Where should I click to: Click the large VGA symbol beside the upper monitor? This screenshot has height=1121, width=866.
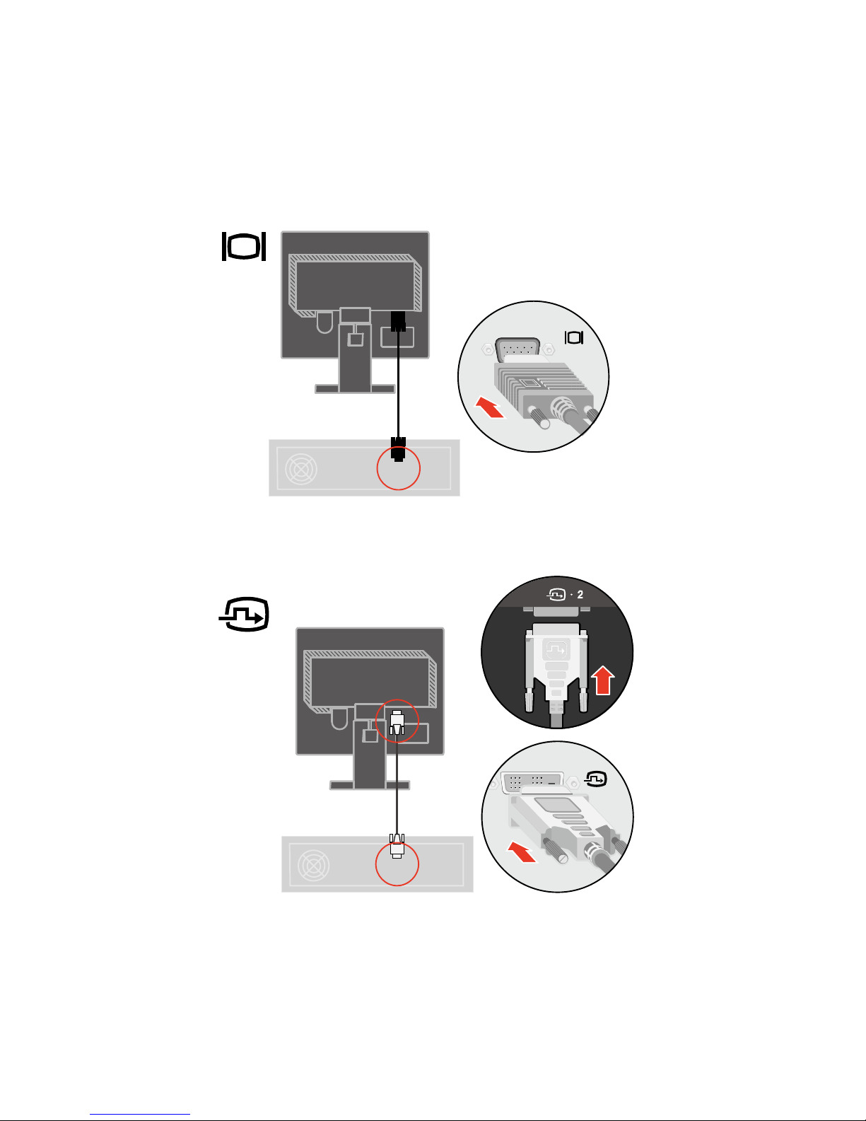(244, 247)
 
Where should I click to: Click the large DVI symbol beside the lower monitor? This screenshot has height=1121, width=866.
(245, 614)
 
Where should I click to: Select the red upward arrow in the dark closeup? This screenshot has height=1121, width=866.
(602, 680)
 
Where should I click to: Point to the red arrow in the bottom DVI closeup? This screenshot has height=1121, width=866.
(522, 852)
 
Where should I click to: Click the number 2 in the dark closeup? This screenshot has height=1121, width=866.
(580, 595)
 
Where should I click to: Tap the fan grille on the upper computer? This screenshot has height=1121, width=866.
(301, 469)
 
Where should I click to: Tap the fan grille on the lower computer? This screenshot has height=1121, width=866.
(313, 865)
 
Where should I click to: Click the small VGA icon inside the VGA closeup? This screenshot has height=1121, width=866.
(574, 337)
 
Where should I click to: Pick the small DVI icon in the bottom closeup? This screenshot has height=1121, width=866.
(596, 779)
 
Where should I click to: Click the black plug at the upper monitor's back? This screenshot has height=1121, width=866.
(398, 321)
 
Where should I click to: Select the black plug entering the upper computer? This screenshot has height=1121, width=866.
(398, 449)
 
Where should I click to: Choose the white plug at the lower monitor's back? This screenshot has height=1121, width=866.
(397, 722)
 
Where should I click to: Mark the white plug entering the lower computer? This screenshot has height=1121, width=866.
(397, 845)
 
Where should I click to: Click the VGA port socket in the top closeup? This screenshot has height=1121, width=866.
(517, 349)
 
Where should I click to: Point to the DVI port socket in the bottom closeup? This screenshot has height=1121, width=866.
(532, 782)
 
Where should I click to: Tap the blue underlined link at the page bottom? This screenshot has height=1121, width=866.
(140, 1114)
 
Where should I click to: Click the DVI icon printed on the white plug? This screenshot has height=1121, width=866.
(556, 649)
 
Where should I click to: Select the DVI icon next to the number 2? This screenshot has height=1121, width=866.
(556, 595)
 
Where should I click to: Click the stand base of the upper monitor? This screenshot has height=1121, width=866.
(355, 389)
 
